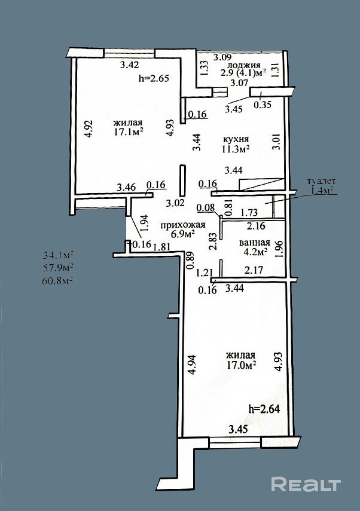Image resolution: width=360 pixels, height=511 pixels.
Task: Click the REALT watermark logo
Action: coord(306,484)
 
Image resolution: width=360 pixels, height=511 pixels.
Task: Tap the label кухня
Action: coord(236,139)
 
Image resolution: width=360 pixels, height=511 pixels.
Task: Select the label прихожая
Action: coord(183,225)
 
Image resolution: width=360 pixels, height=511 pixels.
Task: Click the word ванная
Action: coord(255,243)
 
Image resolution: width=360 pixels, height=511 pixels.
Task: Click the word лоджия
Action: coord(244,65)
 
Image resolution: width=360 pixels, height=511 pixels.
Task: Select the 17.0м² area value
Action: coord(242,365)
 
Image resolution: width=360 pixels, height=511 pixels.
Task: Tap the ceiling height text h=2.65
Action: coord(154,78)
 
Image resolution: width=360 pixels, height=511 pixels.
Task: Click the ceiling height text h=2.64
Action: coord(264,409)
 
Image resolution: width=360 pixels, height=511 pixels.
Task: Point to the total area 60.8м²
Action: coord(57,280)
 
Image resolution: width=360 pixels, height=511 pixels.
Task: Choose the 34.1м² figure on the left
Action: coord(58,254)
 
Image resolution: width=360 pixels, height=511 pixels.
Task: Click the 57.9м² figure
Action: coord(58,268)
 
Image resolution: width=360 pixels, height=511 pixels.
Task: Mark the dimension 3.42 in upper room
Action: coord(129,65)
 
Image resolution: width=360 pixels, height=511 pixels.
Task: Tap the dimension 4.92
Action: coord(89,129)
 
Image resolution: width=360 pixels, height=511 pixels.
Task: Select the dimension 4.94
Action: coord(193,365)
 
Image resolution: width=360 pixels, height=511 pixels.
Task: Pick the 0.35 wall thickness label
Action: coord(263,105)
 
